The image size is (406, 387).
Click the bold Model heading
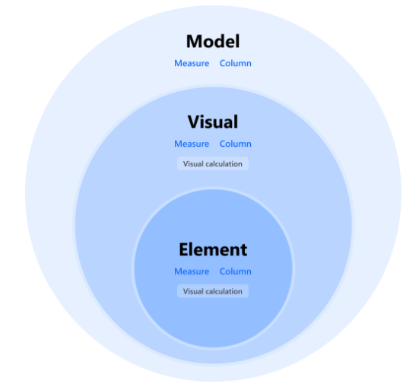213,41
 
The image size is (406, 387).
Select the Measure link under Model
192,63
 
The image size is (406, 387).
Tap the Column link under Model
236,63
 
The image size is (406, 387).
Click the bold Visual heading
213,122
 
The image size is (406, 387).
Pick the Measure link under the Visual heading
192,144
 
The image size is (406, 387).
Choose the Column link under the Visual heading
236,144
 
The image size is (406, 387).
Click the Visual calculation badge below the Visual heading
213,163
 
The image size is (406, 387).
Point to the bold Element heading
213,249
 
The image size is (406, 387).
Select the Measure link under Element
192,271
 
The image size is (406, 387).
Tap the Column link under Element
236,271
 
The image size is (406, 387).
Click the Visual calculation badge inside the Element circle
213,291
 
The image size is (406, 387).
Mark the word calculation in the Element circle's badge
224,291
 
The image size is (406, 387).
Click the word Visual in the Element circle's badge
193,291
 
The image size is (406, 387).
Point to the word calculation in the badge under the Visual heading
224,164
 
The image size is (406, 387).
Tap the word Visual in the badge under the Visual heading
193,164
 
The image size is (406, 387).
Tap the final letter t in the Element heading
244,250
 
